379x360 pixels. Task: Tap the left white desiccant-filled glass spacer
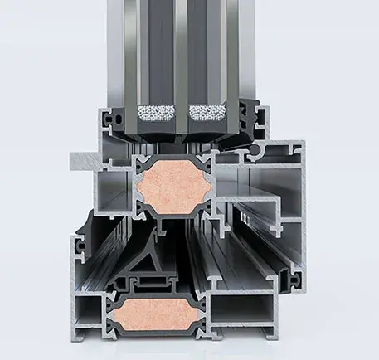point(156,112)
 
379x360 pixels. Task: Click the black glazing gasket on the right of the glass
point(248,112)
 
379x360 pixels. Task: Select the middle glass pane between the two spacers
point(182,50)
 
